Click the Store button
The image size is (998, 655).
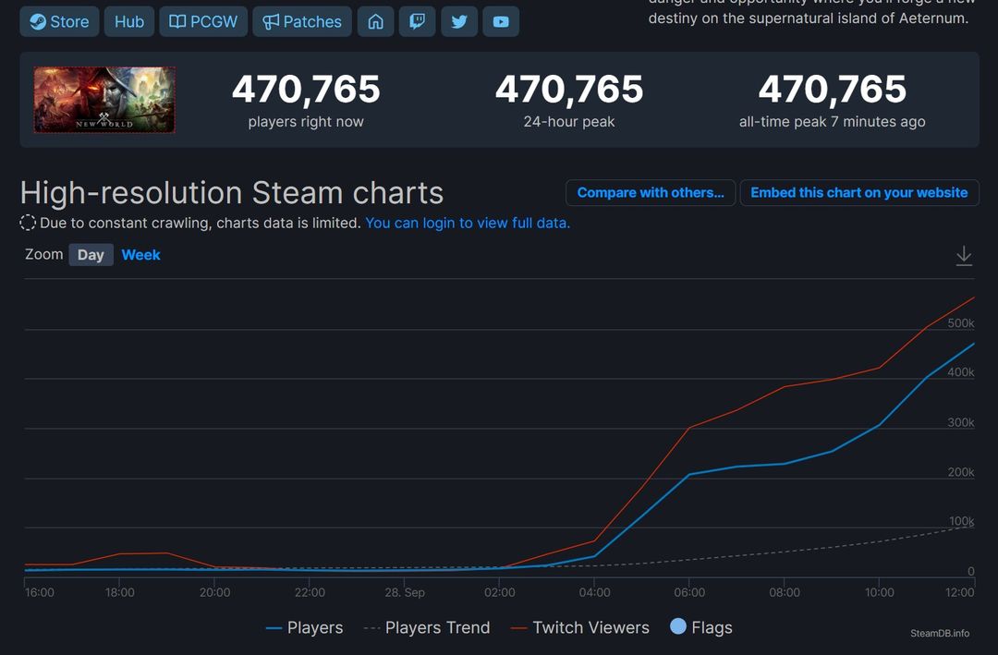point(59,21)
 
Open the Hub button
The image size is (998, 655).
point(128,21)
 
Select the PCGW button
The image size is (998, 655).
point(203,21)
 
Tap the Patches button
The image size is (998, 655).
point(302,21)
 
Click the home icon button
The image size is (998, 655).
point(375,21)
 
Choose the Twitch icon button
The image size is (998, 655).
point(417,21)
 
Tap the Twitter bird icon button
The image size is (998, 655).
point(459,21)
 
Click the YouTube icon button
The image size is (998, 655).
point(501,21)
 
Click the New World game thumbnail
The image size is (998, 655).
point(104,100)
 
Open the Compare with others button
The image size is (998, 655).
point(651,193)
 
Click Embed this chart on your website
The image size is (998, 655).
point(858,193)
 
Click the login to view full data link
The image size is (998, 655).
point(468,223)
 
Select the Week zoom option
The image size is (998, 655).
point(140,255)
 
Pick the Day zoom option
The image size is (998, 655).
point(91,255)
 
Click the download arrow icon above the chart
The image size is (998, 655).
point(964,256)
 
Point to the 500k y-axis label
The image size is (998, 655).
point(961,323)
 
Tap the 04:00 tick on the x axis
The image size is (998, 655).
point(594,592)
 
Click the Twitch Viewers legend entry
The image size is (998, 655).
point(590,628)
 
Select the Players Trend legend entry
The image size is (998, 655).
point(437,628)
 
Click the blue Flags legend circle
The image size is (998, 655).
point(678,627)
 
